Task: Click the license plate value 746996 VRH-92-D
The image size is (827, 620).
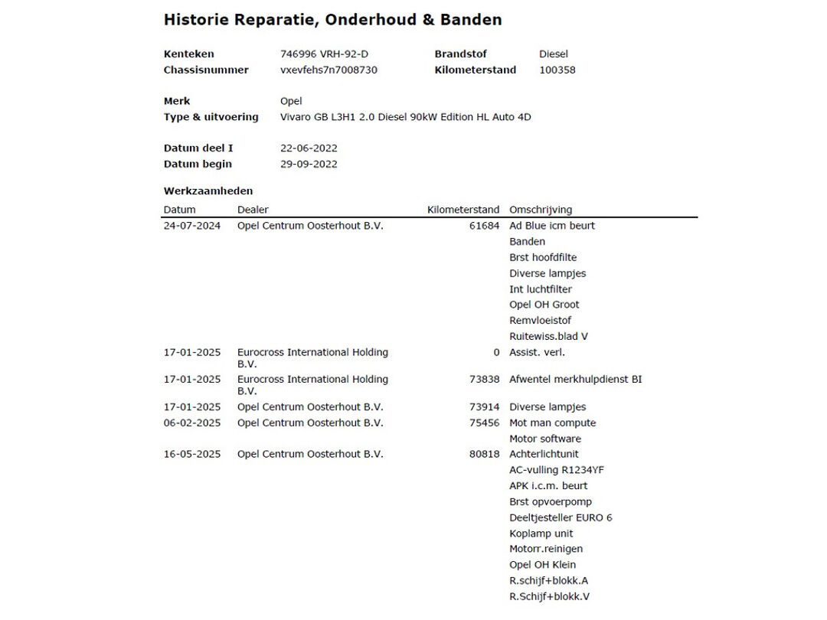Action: (329, 54)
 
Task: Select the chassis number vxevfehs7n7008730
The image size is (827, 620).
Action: (329, 70)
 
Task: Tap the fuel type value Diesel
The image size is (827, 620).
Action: (554, 54)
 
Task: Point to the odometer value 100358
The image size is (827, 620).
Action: (557, 70)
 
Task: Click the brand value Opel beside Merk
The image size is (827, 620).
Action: (291, 101)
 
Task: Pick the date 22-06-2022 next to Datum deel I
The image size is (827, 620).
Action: (309, 148)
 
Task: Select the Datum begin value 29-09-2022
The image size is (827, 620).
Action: (309, 165)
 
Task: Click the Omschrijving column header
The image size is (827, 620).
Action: (541, 210)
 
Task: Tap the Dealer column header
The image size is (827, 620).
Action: (253, 210)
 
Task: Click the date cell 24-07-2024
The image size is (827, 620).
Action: (191, 226)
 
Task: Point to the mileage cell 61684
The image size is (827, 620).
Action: (484, 226)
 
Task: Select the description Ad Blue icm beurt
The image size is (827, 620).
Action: (551, 226)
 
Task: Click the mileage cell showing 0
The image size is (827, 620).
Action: (496, 353)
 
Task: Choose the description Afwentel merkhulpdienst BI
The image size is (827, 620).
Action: (575, 380)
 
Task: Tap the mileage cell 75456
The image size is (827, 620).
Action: (484, 423)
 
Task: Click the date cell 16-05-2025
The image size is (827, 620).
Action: (191, 455)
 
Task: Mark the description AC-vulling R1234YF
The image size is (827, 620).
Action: (556, 470)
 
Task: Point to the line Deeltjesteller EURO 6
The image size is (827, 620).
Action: (561, 517)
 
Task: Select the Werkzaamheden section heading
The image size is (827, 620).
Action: (208, 191)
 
